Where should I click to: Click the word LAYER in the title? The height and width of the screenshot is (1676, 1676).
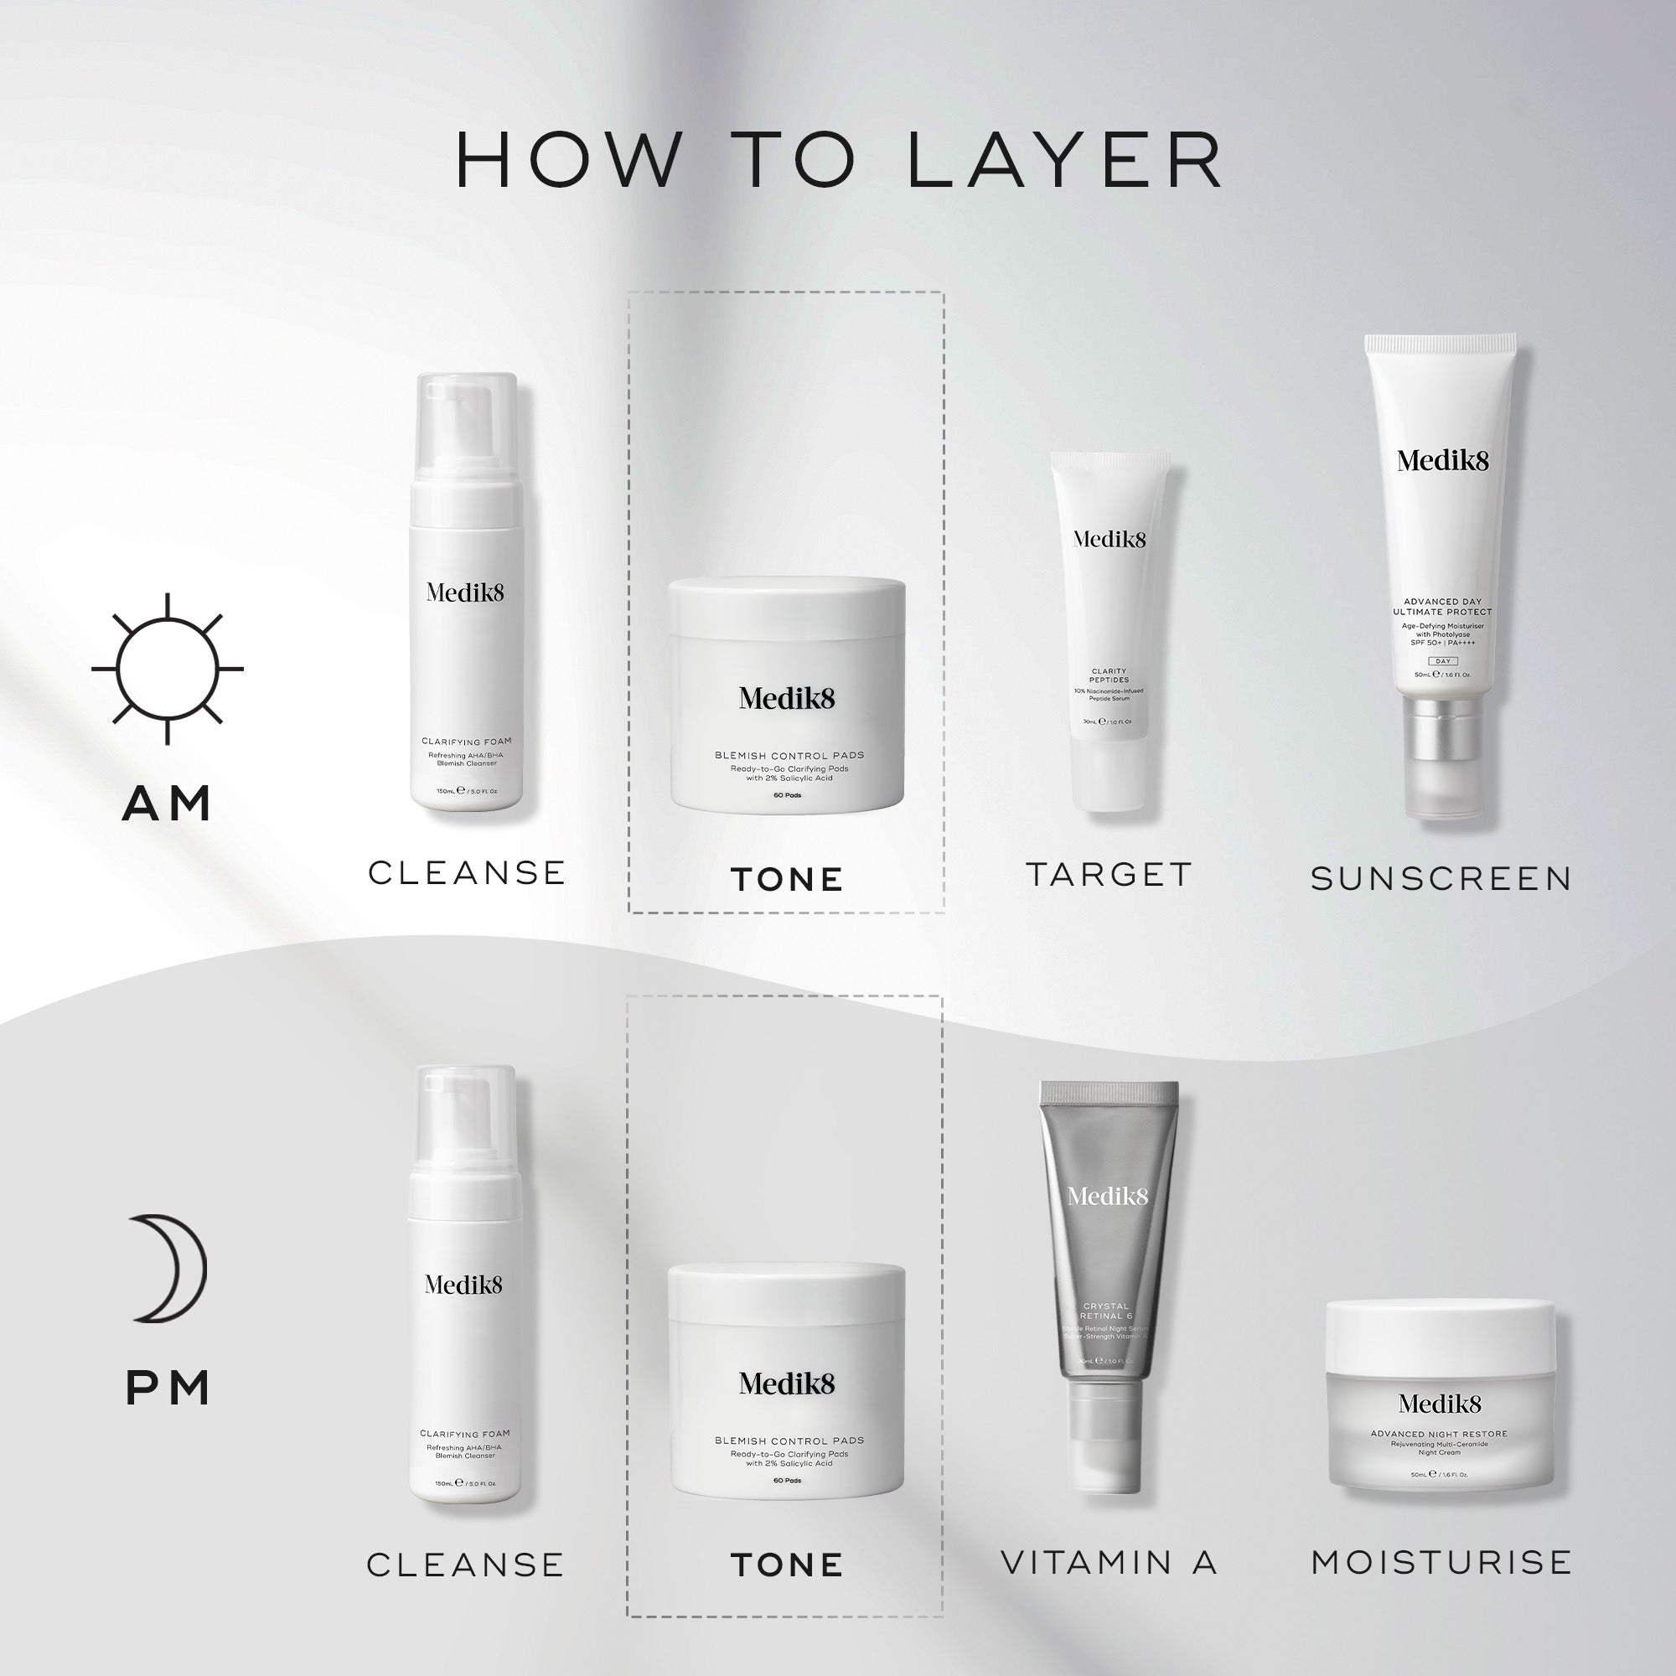pyautogui.click(x=1064, y=161)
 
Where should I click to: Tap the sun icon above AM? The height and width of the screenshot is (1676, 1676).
pyautogui.click(x=168, y=669)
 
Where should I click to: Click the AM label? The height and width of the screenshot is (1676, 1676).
pyautogui.click(x=168, y=804)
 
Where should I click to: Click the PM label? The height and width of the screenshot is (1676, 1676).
pyautogui.click(x=168, y=1388)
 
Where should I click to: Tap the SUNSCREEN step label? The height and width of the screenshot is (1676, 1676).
pyautogui.click(x=1441, y=879)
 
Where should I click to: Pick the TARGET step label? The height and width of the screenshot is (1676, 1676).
pyautogui.click(x=1110, y=874)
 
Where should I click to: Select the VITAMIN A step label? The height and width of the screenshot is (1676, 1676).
pyautogui.click(x=1110, y=1562)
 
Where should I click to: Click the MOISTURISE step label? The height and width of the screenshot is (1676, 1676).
pyautogui.click(x=1441, y=1562)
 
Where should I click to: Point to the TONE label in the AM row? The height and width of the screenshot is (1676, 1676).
pyautogui.click(x=787, y=880)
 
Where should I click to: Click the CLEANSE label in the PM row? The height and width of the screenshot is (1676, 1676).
pyautogui.click(x=466, y=1565)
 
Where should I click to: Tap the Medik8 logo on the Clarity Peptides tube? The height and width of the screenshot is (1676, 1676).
pyautogui.click(x=1110, y=539)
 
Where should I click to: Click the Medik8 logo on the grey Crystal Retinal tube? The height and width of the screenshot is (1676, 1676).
pyautogui.click(x=1108, y=1198)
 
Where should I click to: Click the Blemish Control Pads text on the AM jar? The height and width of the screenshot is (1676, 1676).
pyautogui.click(x=789, y=755)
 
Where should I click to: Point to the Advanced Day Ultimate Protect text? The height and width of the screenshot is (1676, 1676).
pyautogui.click(x=1441, y=607)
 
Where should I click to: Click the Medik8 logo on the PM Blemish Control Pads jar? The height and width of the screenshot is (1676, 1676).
pyautogui.click(x=787, y=1384)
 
